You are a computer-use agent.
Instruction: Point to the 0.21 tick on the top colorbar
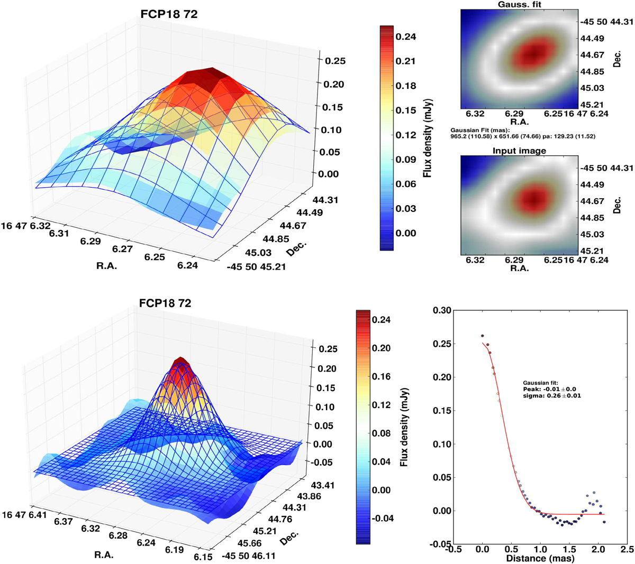[x=406, y=61]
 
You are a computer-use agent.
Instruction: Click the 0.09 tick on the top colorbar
[x=406, y=160]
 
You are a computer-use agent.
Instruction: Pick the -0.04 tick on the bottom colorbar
[x=384, y=518]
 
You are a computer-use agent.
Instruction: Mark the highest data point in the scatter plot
[x=482, y=336]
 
